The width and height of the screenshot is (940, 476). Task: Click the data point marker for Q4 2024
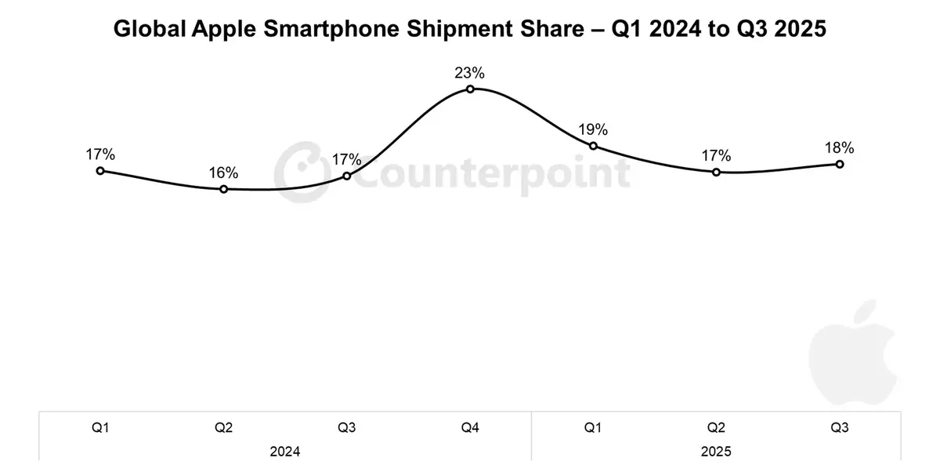tap(470, 89)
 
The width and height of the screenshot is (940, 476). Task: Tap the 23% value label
tap(470, 73)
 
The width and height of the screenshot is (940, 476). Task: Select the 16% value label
tap(223, 173)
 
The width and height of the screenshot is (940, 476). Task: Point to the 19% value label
tap(593, 129)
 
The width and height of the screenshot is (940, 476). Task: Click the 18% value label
tap(839, 147)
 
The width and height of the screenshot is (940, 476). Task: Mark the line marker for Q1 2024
tap(100, 170)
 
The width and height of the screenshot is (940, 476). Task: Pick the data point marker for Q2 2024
tap(224, 189)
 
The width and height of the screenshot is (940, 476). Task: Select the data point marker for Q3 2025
tap(840, 164)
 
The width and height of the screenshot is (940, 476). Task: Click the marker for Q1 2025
tap(593, 146)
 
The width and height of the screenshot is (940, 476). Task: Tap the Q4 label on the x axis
tap(470, 428)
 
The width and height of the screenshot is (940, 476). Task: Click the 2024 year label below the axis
tap(285, 452)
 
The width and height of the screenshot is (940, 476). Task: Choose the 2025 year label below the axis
tap(716, 452)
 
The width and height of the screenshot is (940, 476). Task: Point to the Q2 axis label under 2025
tap(716, 428)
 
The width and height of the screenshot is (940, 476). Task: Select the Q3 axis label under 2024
tap(347, 428)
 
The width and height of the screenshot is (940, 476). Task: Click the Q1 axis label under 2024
tap(100, 428)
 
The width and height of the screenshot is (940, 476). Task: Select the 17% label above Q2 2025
tap(716, 155)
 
